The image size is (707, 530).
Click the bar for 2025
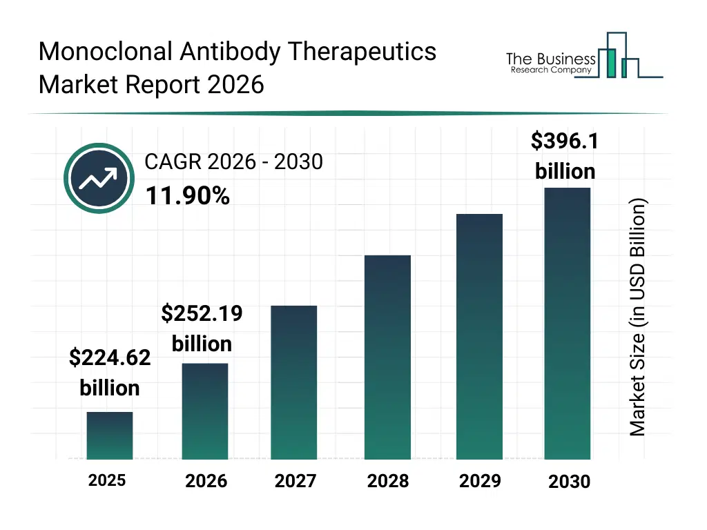tap(110, 435)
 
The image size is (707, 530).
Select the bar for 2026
tap(205, 411)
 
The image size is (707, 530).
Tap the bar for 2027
tap(294, 382)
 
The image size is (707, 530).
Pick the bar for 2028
tap(387, 357)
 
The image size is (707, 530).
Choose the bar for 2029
tap(479, 337)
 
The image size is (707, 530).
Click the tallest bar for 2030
tap(568, 324)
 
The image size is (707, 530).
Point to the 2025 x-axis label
tap(107, 480)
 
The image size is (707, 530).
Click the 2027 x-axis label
tap(296, 481)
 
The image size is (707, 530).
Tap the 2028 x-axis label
tap(387, 481)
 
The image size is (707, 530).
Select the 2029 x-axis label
tap(480, 480)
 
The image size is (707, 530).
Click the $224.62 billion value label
tap(110, 373)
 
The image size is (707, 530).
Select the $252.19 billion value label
tap(202, 328)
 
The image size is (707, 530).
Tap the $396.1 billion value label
tap(565, 156)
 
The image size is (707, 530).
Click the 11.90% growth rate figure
tap(187, 197)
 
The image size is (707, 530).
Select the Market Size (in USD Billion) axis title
tap(637, 317)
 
